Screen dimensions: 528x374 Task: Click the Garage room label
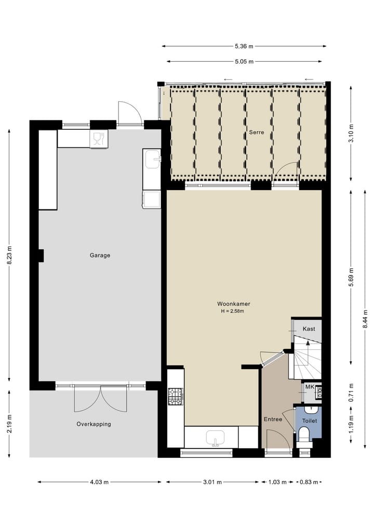coord(100,255)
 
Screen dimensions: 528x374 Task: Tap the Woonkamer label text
coord(231,304)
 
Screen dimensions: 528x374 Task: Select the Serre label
coord(256,132)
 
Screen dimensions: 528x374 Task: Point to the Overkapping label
coord(94,424)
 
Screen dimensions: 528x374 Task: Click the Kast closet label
coord(309,329)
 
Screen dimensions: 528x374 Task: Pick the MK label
coord(309,387)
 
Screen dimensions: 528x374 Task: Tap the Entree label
coord(273,419)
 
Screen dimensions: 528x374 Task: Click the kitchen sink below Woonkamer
coord(215,437)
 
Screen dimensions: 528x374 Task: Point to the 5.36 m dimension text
coord(244,46)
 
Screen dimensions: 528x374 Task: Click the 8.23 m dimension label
coord(9,255)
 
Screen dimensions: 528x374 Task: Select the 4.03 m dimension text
coord(99,482)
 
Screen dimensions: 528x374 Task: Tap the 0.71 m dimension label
coord(351,393)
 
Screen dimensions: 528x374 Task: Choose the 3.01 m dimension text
coord(212,482)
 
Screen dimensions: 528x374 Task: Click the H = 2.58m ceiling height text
coord(231,312)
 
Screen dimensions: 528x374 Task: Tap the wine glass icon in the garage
coord(99,139)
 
